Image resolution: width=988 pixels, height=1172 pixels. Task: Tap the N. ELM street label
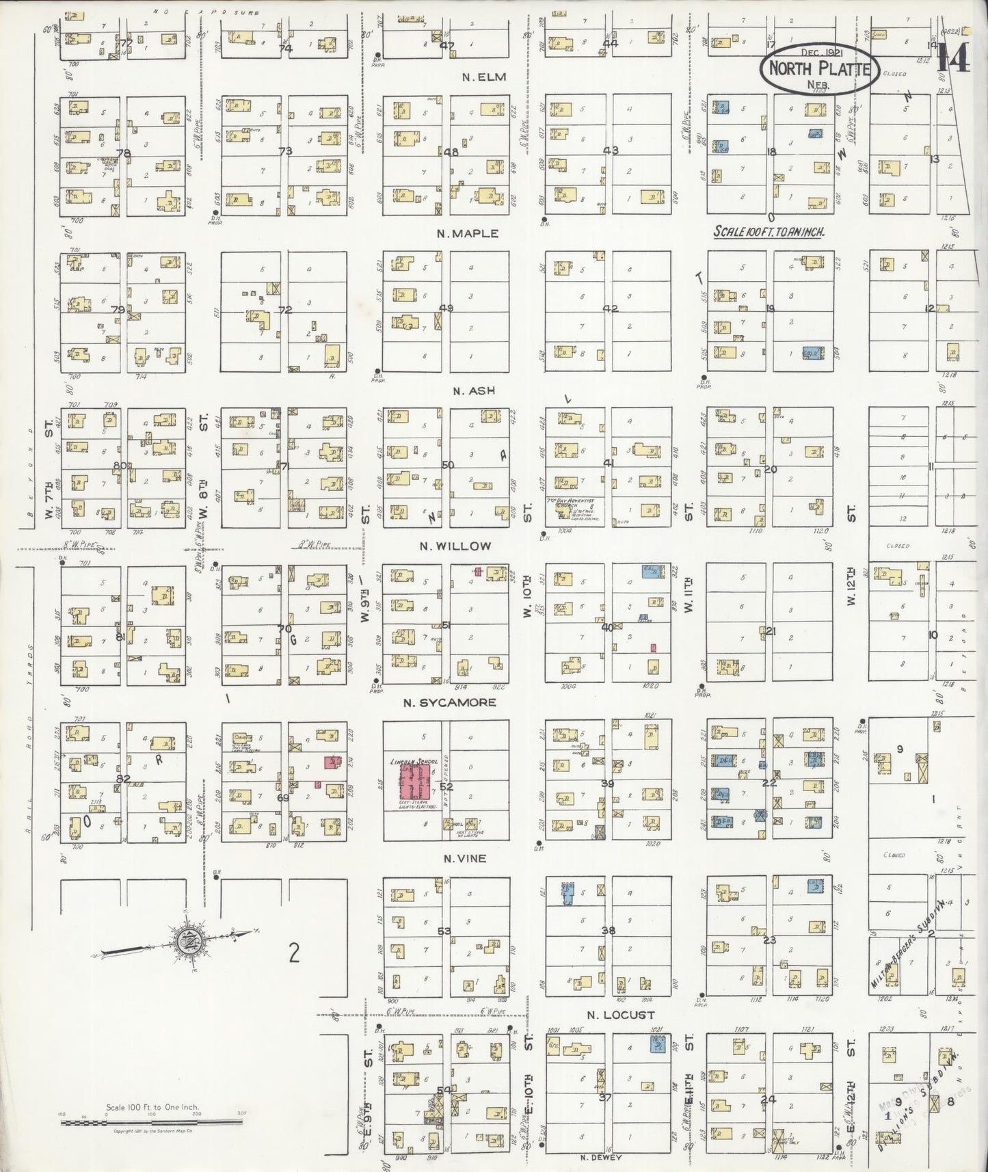[484, 77]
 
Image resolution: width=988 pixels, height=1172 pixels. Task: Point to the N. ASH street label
[468, 391]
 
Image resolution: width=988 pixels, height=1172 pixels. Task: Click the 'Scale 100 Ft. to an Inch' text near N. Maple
[769, 232]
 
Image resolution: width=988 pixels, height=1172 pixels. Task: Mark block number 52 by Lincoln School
[446, 787]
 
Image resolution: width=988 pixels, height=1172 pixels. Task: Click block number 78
[123, 152]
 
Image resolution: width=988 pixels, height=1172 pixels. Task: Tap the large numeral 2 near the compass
[294, 953]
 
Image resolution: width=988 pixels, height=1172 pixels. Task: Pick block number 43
[611, 150]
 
